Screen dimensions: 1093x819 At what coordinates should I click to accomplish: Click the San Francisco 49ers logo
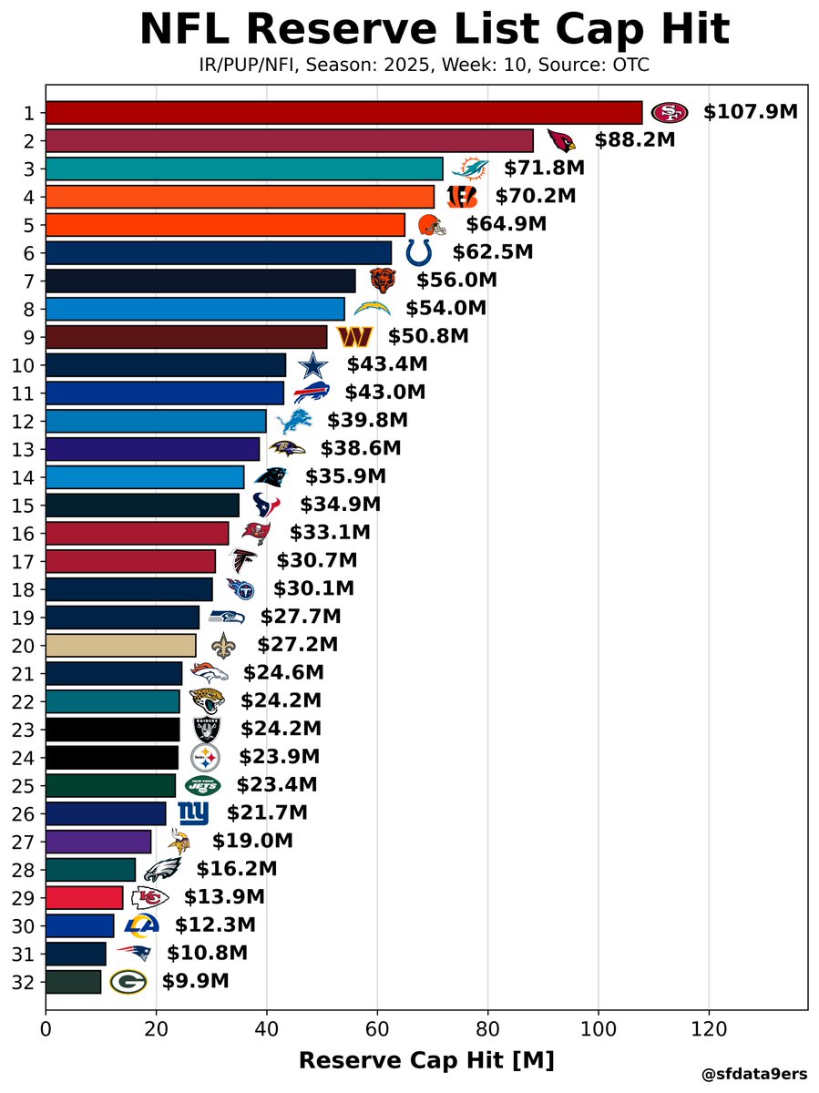pos(670,112)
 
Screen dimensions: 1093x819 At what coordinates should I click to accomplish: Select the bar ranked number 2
pos(289,140)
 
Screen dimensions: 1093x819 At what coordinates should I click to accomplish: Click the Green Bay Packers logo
pos(128,981)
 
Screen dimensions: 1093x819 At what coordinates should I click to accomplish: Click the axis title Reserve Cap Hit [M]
pos(426,1060)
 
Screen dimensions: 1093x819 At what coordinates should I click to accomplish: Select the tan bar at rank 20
pos(120,645)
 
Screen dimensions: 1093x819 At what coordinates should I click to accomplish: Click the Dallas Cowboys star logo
pos(312,365)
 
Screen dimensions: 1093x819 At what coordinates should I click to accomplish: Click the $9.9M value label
pos(195,981)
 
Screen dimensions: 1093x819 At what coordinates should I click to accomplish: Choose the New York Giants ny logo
pos(193,812)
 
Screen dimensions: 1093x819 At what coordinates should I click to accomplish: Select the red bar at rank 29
pos(84,897)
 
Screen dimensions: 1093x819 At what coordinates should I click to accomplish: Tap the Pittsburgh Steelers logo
pos(205,757)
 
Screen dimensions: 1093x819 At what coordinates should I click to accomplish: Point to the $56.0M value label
pos(456,281)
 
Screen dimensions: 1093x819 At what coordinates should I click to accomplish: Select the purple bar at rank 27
pos(97,841)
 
